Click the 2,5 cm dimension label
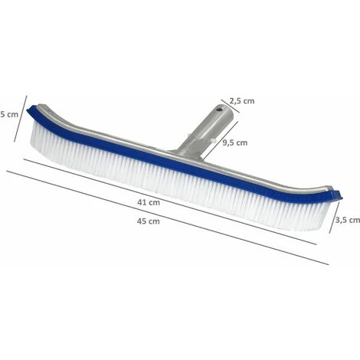pyautogui.click(x=242, y=101)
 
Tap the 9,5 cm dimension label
pyautogui.click(x=234, y=142)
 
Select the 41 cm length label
pyautogui.click(x=149, y=202)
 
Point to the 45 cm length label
pyautogui.click(x=149, y=221)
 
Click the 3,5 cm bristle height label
pyautogui.click(x=348, y=220)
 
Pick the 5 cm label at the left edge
pyautogui.click(x=9, y=114)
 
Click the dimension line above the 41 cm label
pyautogui.click(x=170, y=202)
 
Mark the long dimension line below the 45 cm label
pyautogui.click(x=168, y=218)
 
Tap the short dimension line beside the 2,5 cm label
pyautogui.click(x=231, y=106)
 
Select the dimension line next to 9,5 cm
pyautogui.click(x=221, y=139)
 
